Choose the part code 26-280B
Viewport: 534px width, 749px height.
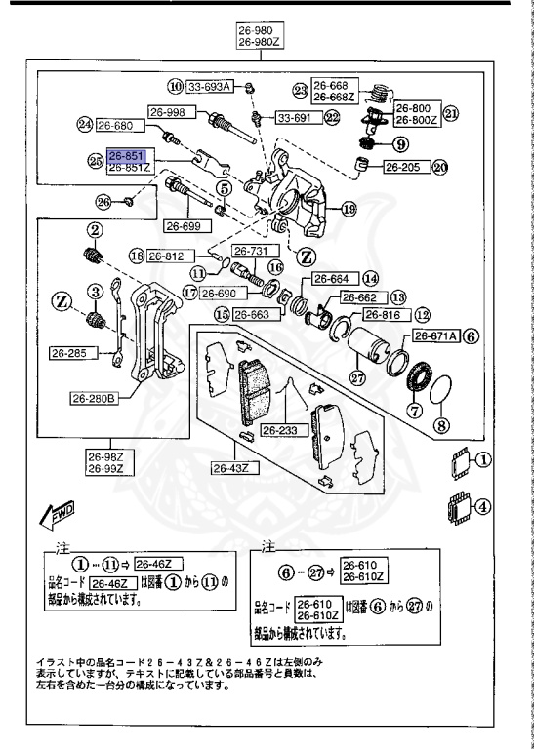(x=94, y=398)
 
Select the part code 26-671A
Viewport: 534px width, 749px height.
(x=433, y=335)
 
